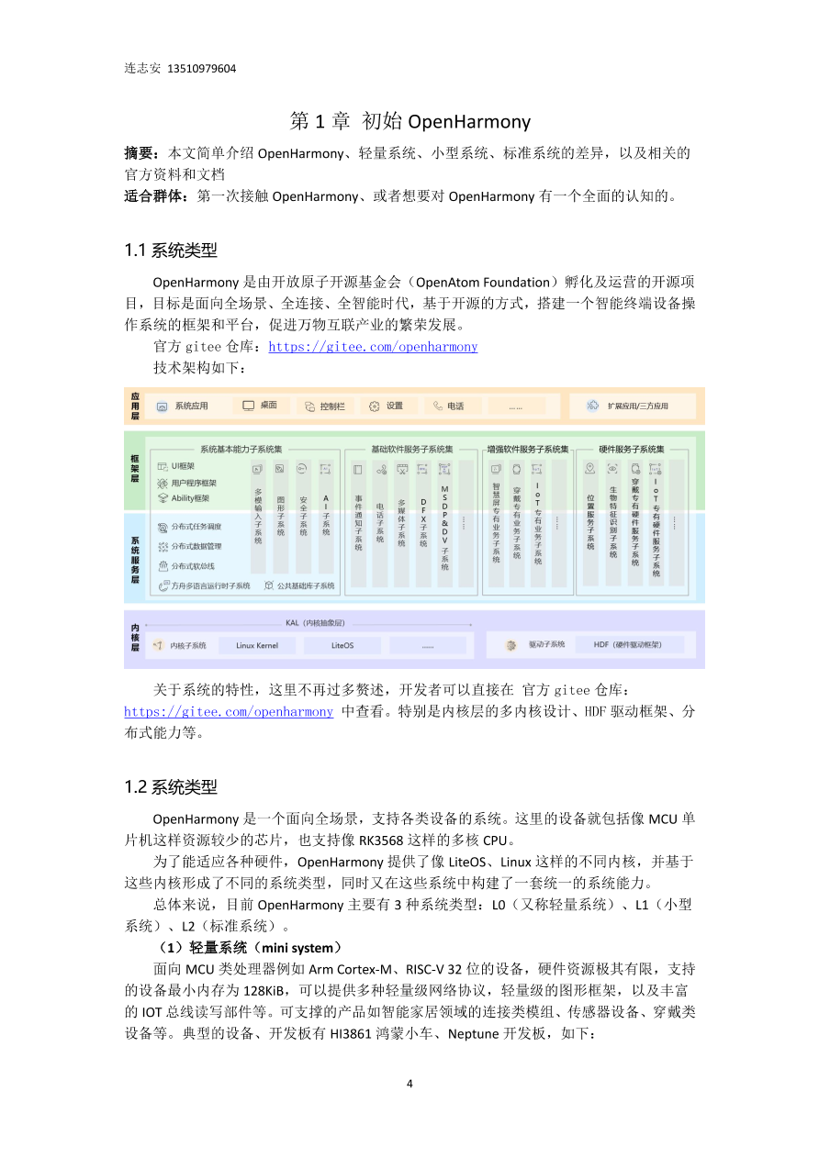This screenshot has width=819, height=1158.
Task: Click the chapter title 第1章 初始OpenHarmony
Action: click(x=409, y=121)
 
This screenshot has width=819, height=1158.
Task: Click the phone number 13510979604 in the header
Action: click(x=202, y=68)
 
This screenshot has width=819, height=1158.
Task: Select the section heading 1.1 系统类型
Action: click(x=171, y=250)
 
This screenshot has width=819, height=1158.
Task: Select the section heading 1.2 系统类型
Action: click(x=171, y=786)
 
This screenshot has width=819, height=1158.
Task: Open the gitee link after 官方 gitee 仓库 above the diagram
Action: click(x=373, y=347)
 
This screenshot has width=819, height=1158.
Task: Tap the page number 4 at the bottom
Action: click(x=409, y=1083)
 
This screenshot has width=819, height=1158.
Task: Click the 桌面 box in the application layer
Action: click(x=261, y=406)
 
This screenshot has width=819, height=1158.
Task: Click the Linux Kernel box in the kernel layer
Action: click(x=257, y=645)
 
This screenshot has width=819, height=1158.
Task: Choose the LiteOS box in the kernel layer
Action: click(x=342, y=645)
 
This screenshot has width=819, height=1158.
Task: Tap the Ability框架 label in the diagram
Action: click(x=190, y=498)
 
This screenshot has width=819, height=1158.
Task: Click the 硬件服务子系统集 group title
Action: click(x=632, y=449)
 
